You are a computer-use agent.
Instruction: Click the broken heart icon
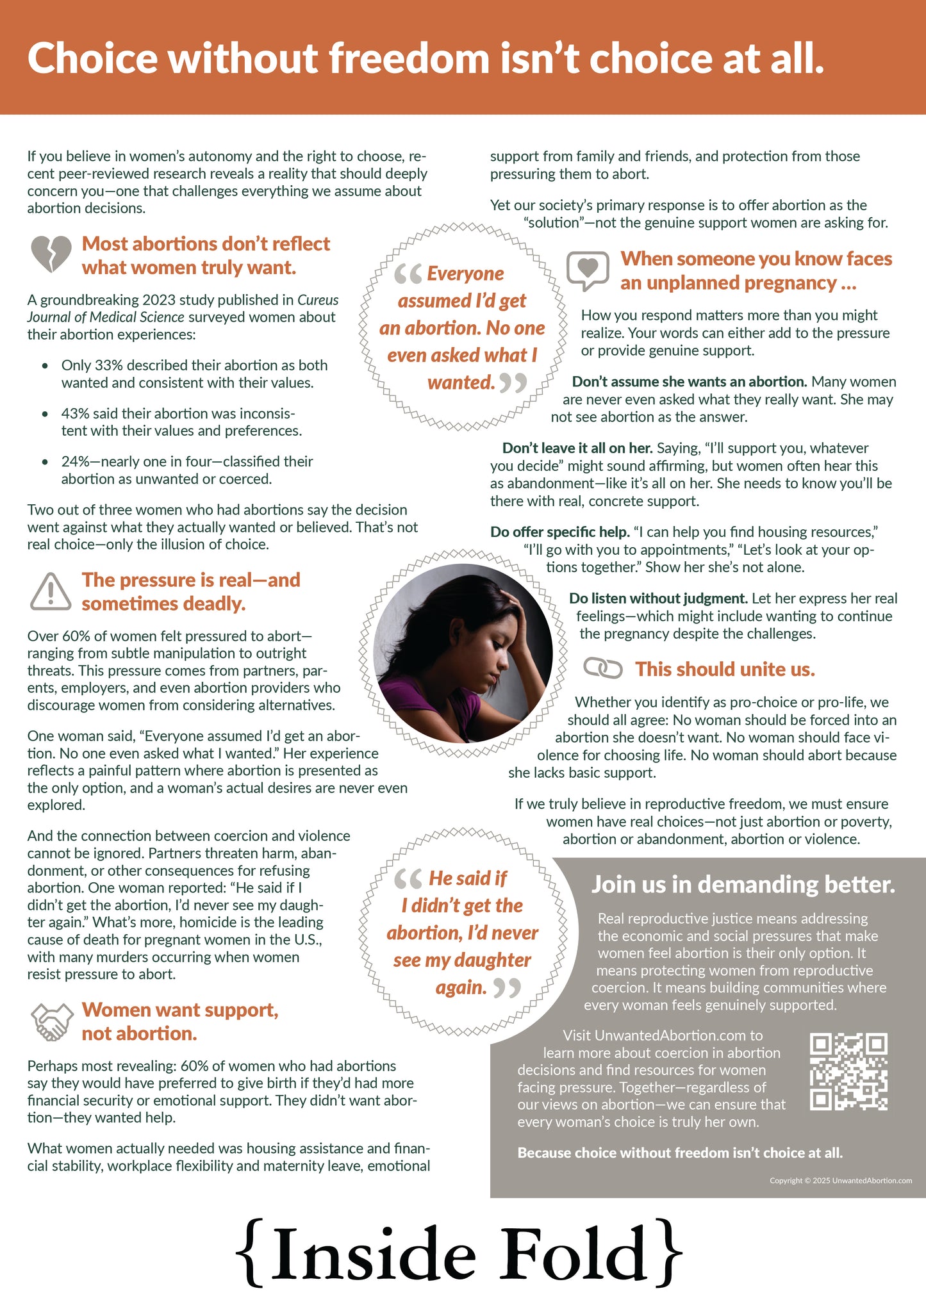pos(51,254)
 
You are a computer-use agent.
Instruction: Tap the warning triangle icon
pos(51,591)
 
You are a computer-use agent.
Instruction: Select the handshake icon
pos(51,1021)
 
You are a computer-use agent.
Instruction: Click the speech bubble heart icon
pos(588,270)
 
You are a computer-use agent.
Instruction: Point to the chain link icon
pos(602,668)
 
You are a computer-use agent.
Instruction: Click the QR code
pos(848,1071)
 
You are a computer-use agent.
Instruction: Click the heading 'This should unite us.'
pos(725,669)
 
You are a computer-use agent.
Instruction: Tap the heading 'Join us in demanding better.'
pos(743,884)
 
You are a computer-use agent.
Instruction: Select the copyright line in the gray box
pos(840,1180)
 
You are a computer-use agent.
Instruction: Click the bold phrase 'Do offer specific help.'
pos(559,532)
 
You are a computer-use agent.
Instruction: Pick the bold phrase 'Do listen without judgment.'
pos(658,598)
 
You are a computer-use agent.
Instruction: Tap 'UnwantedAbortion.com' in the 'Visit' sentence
pos(670,1035)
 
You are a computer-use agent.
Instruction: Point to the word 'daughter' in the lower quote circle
pos(492,960)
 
